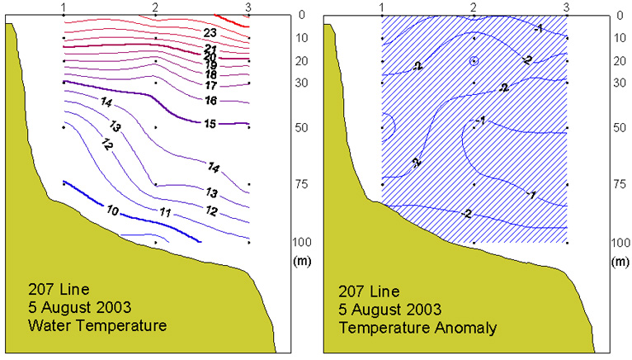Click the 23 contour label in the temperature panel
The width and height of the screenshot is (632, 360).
(x=210, y=32)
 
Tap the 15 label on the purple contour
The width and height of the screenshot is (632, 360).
(x=210, y=123)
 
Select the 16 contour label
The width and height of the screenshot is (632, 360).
(x=210, y=101)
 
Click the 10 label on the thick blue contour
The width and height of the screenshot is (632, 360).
(x=112, y=211)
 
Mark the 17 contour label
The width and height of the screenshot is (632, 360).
(x=210, y=85)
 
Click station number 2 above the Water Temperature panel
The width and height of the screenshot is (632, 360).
(x=155, y=7)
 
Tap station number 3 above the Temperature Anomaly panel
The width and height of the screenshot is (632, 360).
(x=566, y=7)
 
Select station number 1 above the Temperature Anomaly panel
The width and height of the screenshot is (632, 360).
(x=381, y=7)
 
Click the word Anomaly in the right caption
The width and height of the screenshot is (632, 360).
(x=469, y=328)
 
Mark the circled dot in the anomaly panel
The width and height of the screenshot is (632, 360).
(x=474, y=60)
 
